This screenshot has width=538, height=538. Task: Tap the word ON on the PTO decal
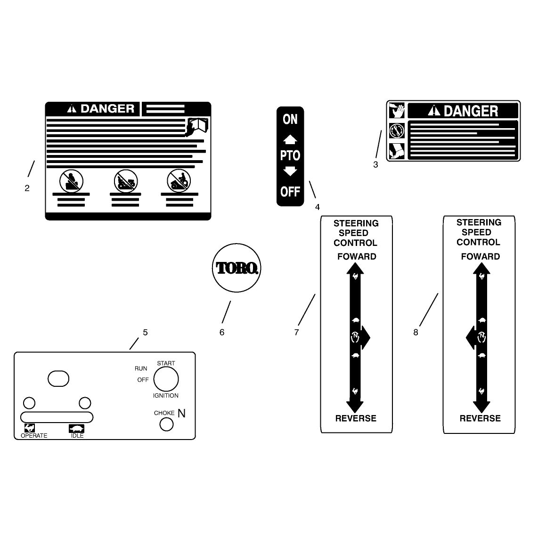290,119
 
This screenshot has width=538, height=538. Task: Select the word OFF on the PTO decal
290,191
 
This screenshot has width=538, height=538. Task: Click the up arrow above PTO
290,139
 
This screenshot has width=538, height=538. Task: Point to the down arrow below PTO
290,171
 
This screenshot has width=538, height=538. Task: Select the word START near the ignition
166,363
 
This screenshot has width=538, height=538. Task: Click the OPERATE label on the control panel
34,435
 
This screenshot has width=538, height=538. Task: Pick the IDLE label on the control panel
77,435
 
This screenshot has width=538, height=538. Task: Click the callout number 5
145,333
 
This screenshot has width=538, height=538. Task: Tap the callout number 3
376,165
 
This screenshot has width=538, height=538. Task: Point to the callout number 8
416,333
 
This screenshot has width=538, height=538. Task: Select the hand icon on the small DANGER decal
397,111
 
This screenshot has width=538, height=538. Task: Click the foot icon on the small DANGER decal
397,151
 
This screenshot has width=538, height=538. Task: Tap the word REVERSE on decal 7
356,418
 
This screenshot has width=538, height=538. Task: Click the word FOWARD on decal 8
481,256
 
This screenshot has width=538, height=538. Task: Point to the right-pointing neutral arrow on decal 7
365,337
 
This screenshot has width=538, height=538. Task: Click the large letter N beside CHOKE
181,414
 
